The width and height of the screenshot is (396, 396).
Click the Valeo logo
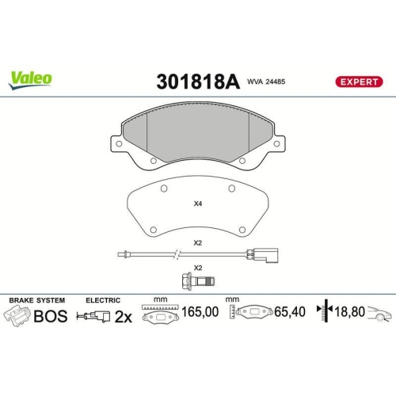[31, 78]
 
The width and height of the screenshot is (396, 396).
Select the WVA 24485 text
[266, 82]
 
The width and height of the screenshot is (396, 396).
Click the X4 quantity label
[198, 204]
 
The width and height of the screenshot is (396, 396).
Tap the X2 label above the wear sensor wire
[198, 242]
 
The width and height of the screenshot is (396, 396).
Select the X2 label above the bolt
[198, 268]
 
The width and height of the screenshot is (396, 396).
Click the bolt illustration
[197, 280]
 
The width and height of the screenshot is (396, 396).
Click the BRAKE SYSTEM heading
[36, 300]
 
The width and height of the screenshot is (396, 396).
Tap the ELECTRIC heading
[103, 300]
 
